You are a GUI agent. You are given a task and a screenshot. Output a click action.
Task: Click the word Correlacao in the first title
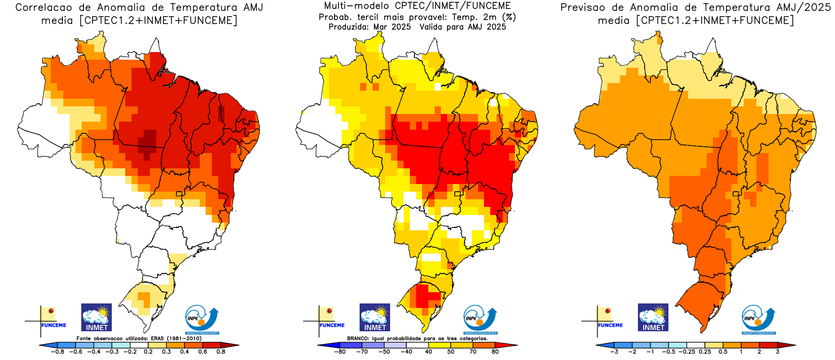click(x=44, y=8)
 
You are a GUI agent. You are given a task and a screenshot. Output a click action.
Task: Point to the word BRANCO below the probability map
click(x=358, y=338)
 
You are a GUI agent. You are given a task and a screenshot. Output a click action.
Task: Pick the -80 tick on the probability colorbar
click(x=340, y=351)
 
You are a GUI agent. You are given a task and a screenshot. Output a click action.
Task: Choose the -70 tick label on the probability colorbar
click(x=362, y=351)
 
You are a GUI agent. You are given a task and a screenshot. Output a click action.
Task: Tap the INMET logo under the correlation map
click(x=97, y=317)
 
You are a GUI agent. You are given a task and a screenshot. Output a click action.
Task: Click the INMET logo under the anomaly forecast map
click(x=653, y=317)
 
